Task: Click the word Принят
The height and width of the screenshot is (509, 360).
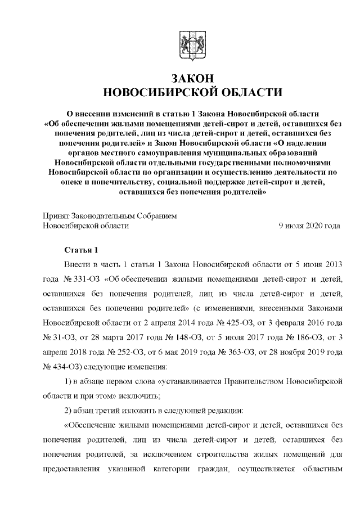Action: tap(56, 215)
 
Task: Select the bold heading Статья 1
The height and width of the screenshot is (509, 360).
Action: tap(82, 250)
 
